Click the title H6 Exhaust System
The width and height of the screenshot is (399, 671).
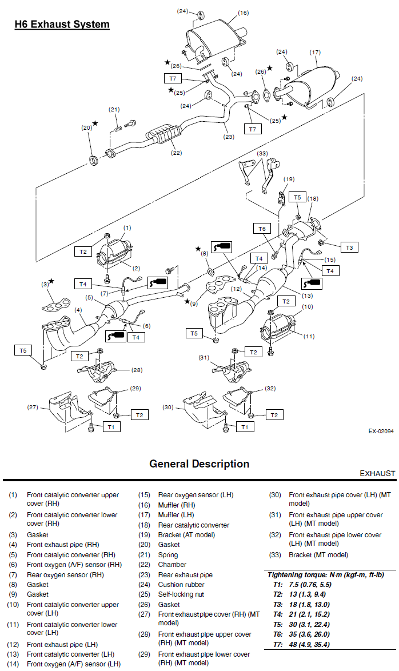click(62, 24)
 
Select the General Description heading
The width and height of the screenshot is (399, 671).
click(199, 464)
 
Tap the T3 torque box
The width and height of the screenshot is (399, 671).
click(349, 247)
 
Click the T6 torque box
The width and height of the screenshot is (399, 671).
click(261, 229)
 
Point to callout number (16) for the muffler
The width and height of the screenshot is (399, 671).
click(242, 13)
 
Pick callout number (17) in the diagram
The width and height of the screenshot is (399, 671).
click(315, 52)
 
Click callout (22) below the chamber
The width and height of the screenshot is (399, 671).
click(176, 153)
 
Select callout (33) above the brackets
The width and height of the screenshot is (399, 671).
click(262, 153)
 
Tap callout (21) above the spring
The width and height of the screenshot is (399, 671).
click(114, 109)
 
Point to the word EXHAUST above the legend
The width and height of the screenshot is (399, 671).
click(377, 473)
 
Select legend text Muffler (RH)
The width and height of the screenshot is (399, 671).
click(177, 505)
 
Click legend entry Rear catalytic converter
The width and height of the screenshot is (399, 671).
click(194, 525)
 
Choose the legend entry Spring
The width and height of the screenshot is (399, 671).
click(168, 554)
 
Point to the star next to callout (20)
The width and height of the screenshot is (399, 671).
click(95, 123)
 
